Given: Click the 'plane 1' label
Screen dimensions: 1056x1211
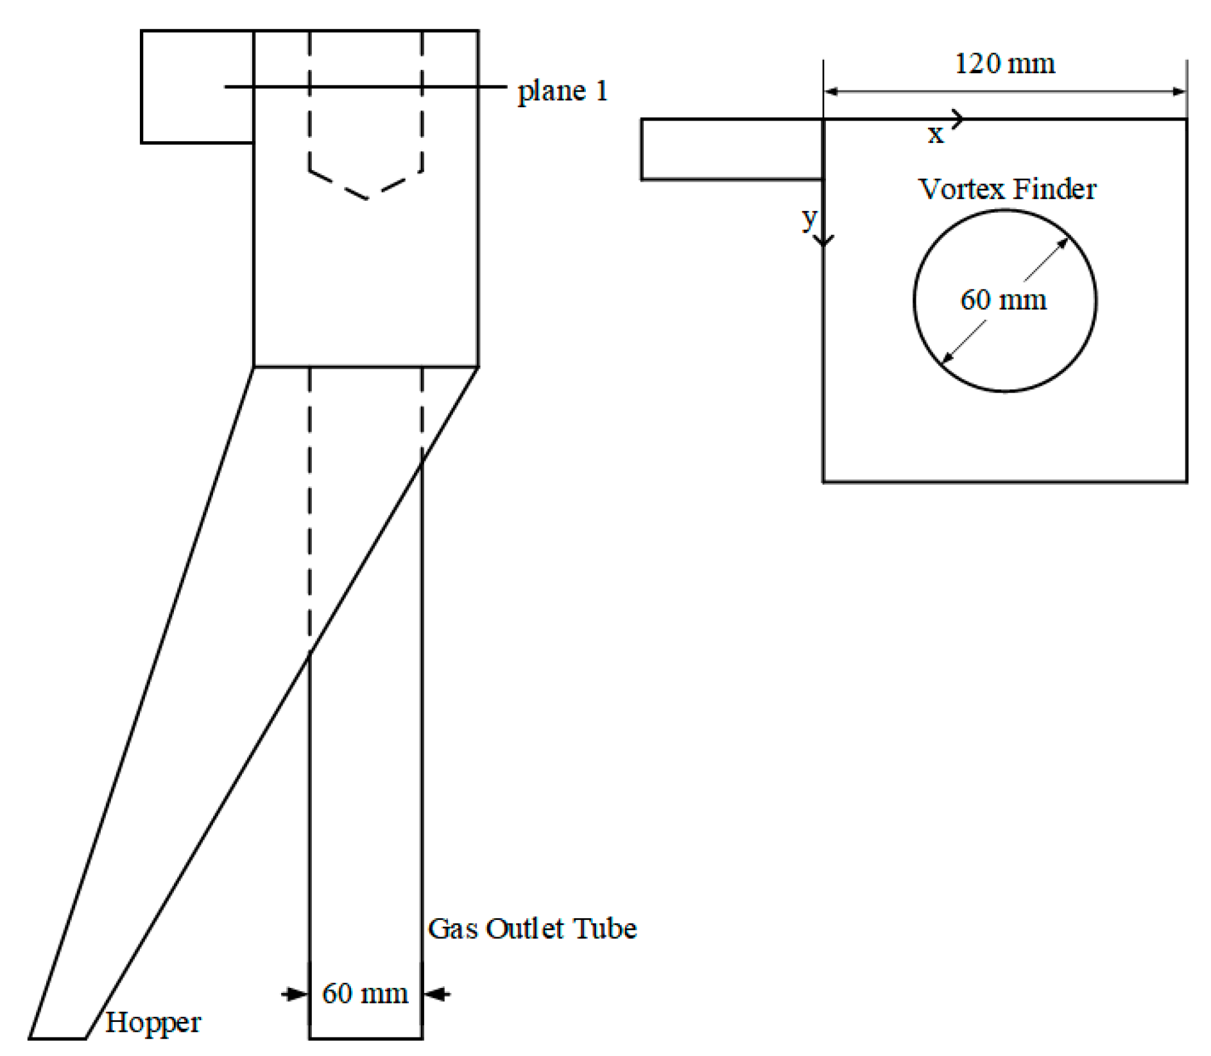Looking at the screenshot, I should [562, 90].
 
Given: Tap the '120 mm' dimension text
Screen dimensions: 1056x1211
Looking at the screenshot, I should [1005, 64].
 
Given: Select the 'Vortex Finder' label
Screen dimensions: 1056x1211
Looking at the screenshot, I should [1007, 189].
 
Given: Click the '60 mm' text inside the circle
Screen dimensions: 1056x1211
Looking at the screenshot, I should [1003, 300].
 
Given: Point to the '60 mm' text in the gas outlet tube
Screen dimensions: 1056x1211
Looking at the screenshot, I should [365, 993].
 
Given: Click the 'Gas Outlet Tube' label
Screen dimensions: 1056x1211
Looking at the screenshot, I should [532, 928].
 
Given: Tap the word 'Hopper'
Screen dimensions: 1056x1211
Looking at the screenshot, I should [153, 1022].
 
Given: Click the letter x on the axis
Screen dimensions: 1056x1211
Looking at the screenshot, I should [936, 134].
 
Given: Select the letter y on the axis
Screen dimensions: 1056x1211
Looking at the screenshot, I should [809, 219].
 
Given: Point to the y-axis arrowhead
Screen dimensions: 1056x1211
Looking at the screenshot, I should [823, 241].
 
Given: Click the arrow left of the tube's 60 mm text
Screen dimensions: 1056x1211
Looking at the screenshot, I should [296, 994].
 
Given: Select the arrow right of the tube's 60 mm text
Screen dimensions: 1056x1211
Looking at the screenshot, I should [436, 994].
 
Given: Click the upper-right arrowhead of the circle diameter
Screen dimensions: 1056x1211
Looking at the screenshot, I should [1063, 243].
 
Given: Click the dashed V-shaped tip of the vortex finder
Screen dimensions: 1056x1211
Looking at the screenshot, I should [367, 198].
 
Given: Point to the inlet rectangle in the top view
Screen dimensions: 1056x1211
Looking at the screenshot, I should [732, 149].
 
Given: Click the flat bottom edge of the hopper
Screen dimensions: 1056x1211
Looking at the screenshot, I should [58, 1037].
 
